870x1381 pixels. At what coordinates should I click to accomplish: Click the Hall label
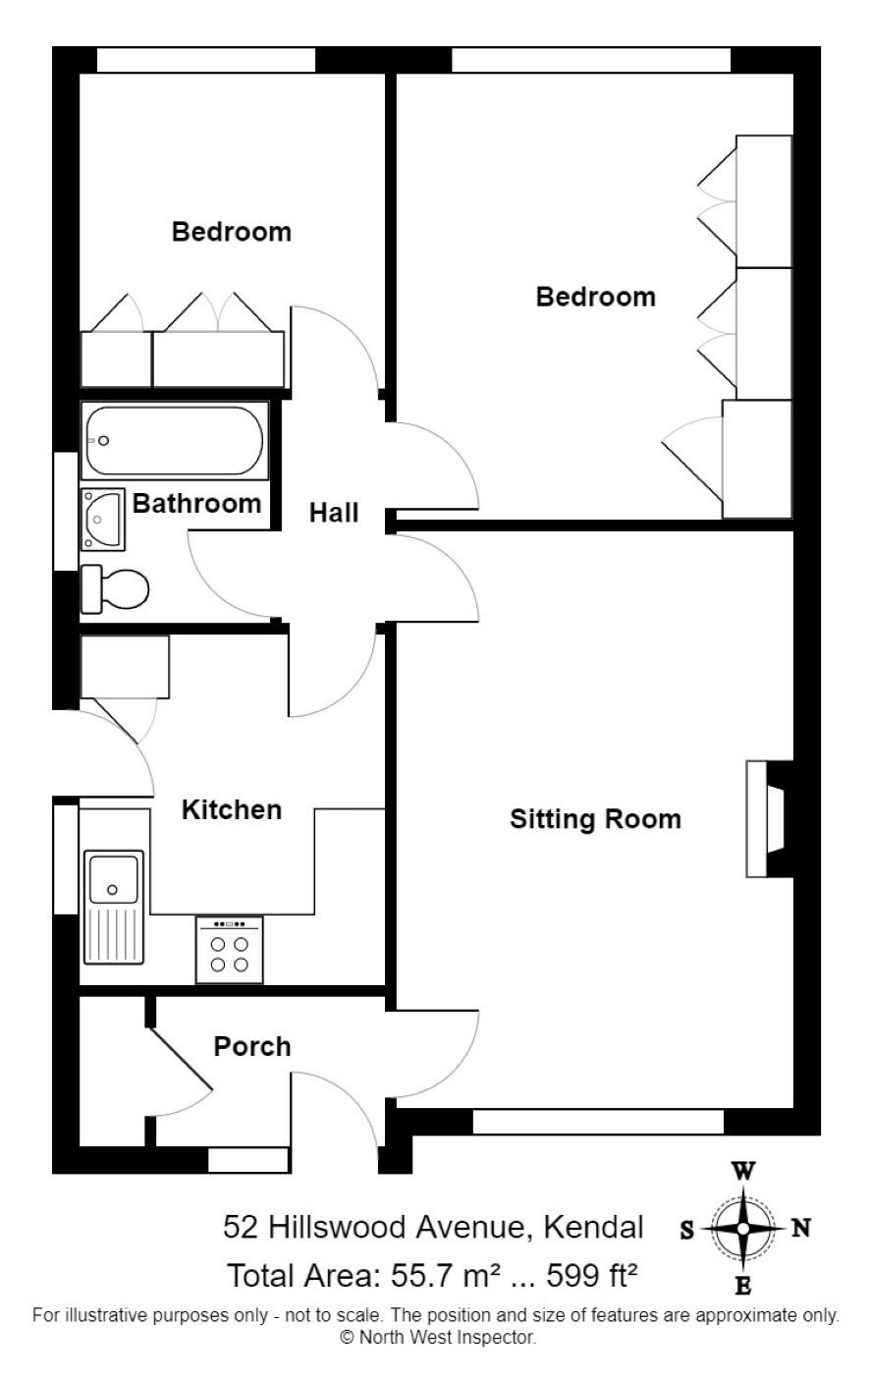click(333, 513)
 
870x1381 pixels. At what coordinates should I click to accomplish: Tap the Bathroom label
click(197, 504)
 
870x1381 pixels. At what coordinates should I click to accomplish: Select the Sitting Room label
click(595, 819)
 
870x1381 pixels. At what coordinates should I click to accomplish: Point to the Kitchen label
click(232, 810)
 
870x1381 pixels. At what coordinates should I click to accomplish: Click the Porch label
click(252, 1047)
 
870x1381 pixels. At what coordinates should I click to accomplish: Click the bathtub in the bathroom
click(175, 440)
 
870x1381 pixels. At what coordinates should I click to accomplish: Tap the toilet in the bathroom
click(115, 589)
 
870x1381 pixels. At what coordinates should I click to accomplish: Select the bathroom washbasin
click(103, 520)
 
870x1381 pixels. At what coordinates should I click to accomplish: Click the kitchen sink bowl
click(113, 879)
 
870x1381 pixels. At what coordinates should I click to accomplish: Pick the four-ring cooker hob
click(229, 950)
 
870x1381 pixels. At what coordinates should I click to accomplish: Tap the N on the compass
click(800, 1229)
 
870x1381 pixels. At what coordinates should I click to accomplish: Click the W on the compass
click(743, 1171)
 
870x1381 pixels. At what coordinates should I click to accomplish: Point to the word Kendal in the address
click(593, 1227)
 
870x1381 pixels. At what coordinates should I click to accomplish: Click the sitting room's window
click(598, 1122)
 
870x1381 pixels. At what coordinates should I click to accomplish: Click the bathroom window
click(66, 511)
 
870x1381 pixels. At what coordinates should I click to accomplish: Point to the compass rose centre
click(743, 1229)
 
